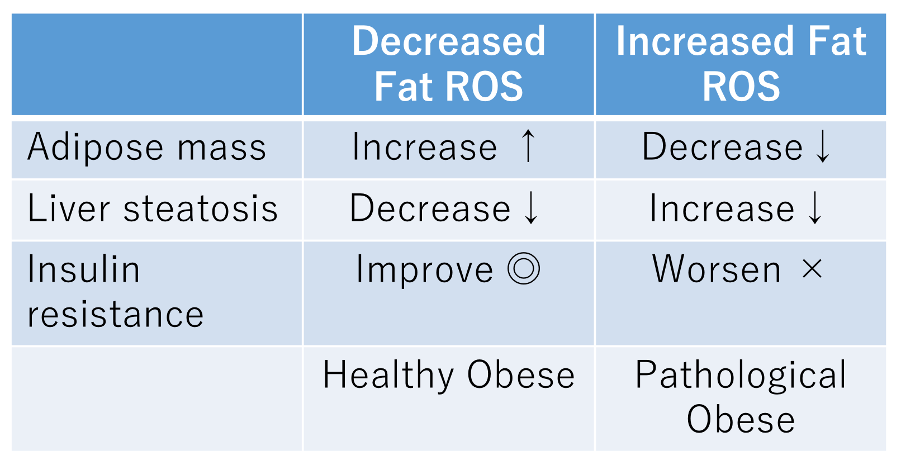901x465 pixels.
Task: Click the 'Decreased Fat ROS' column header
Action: [x=448, y=64]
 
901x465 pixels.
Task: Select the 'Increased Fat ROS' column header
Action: [x=741, y=64]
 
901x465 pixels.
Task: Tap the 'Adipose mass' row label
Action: [x=147, y=148]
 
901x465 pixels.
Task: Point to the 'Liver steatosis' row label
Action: [x=153, y=209]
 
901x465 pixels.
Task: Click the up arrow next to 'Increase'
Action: [x=528, y=146]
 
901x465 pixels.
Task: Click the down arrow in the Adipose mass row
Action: [x=822, y=147]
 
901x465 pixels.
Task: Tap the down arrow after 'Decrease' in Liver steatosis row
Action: [x=531, y=208]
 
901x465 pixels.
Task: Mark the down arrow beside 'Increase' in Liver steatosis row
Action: [x=815, y=208]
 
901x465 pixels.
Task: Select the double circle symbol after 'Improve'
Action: [x=524, y=269]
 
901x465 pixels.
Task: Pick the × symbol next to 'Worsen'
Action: [x=812, y=269]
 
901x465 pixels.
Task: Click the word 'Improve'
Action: [x=425, y=270]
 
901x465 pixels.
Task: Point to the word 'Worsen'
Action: [x=717, y=270]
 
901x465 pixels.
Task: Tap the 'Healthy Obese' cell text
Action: [x=449, y=375]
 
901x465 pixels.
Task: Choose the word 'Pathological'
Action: [x=741, y=375]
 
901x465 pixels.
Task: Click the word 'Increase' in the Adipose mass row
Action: [x=425, y=148]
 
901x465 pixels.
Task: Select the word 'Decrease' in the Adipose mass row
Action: [x=722, y=148]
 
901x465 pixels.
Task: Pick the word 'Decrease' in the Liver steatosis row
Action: [x=430, y=209]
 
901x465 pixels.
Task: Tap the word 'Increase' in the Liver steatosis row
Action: [x=722, y=209]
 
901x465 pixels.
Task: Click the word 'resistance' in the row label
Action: [x=116, y=315]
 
